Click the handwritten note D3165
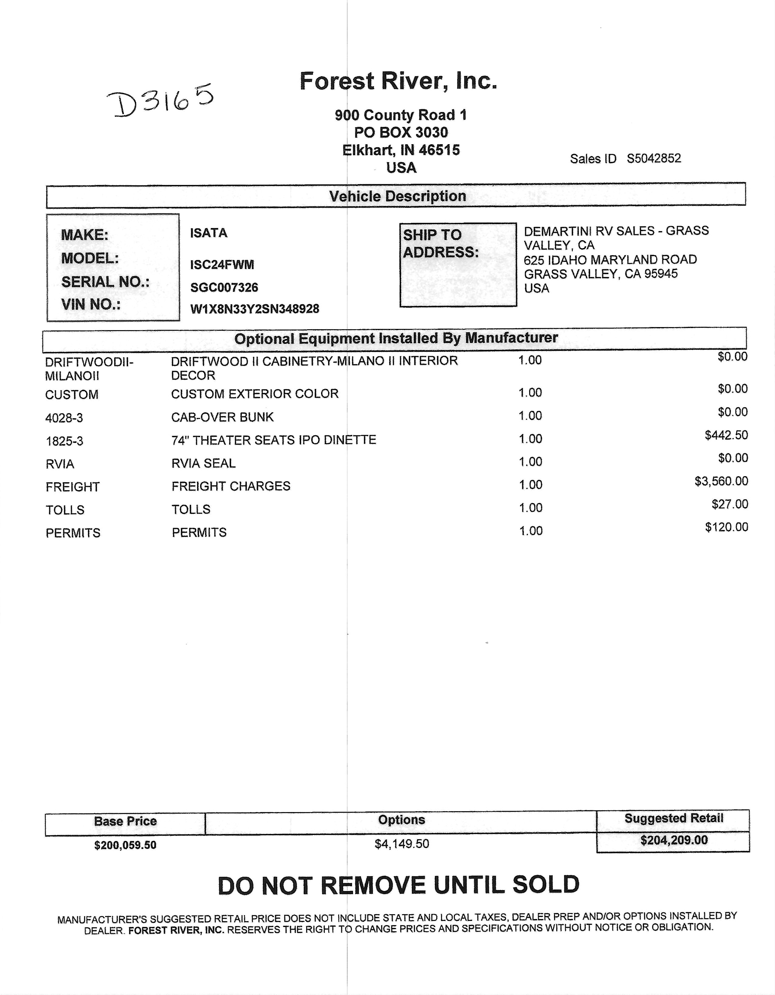point(159,100)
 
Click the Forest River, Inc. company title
point(398,81)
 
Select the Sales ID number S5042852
point(654,159)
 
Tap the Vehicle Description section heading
point(398,196)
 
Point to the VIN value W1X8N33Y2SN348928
point(255,309)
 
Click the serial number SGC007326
point(224,287)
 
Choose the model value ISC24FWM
point(222,265)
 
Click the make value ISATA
point(209,233)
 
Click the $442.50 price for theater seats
point(726,435)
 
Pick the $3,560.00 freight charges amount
point(721,481)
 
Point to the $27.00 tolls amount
point(730,504)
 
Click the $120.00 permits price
point(727,527)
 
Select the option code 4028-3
point(64,418)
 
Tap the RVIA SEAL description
point(203,463)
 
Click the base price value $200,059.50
point(125,845)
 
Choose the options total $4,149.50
point(402,844)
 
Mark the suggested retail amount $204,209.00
point(674,840)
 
